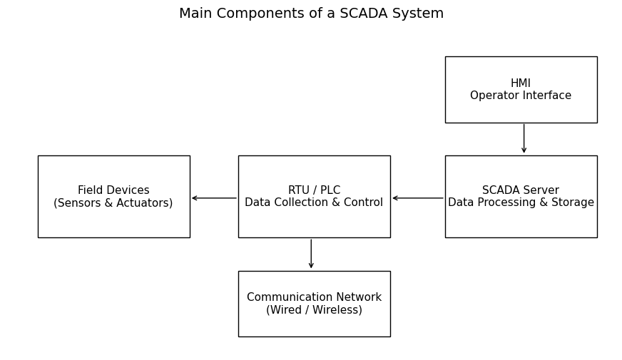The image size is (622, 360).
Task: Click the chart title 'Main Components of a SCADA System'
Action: [311, 14]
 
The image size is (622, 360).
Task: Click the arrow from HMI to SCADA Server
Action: [524, 139]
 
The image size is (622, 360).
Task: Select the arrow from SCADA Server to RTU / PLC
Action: [418, 198]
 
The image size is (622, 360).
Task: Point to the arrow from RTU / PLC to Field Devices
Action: [214, 198]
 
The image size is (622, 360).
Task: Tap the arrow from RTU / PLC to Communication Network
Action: [311, 254]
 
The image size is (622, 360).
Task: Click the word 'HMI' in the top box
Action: [521, 83]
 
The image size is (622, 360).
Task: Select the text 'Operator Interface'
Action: [521, 96]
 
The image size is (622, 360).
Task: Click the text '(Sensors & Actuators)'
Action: [113, 203]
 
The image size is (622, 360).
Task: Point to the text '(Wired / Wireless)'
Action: [314, 310]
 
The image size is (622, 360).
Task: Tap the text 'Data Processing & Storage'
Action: [521, 203]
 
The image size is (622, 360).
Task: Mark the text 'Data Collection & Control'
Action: [314, 203]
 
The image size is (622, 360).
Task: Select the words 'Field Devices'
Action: [113, 190]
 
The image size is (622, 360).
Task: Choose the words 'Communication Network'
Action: [314, 297]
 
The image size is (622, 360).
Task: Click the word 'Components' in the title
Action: [254, 14]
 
